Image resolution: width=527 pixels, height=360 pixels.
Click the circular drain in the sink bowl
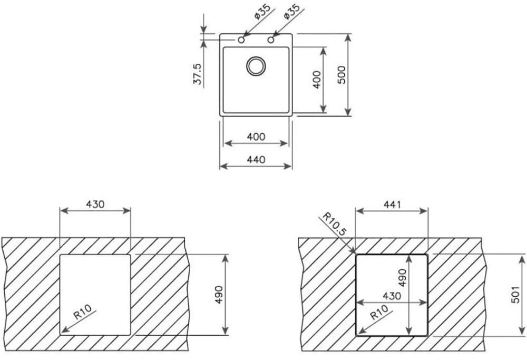[x=257, y=66]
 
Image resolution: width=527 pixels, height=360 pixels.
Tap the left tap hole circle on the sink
[x=241, y=40]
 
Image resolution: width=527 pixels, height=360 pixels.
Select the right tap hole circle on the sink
[x=271, y=40]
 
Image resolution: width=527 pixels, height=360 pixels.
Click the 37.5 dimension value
[x=198, y=74]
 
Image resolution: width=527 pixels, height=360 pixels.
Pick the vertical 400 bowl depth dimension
[x=317, y=80]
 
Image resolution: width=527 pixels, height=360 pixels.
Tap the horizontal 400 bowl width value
[x=256, y=137]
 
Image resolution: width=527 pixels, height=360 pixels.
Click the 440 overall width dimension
[x=256, y=160]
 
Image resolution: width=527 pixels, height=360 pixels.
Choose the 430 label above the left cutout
[x=95, y=203]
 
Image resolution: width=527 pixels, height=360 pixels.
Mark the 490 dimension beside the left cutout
[x=219, y=295]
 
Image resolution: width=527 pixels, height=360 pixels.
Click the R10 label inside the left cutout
[x=83, y=313]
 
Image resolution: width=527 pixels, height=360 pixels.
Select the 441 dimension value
[x=392, y=205]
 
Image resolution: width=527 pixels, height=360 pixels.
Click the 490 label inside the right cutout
[x=403, y=278]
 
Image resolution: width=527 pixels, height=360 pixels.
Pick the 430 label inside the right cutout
[x=392, y=296]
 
